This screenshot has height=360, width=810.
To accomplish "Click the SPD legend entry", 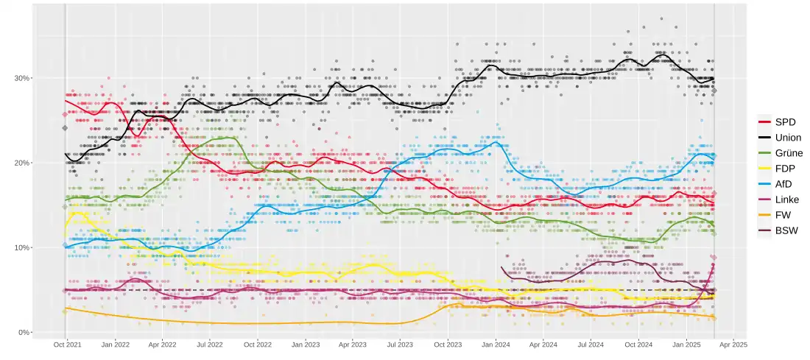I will (783, 122).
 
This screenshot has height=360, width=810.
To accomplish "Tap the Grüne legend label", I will (788, 153).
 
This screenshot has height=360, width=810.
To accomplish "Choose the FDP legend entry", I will (783, 169).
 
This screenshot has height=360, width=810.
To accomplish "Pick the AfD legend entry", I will (783, 184).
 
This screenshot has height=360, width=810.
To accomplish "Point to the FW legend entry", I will (781, 215).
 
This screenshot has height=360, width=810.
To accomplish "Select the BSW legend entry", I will (784, 230).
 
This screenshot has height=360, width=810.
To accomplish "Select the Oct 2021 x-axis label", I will (68, 344).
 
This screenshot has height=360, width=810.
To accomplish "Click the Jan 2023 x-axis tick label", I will (306, 344).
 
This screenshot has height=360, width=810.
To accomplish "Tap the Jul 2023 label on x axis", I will (400, 344).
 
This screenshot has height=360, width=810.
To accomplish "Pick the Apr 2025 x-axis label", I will (733, 344).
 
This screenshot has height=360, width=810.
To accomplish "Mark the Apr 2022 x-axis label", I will (163, 344).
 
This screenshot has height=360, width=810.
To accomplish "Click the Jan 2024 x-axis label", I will (496, 344).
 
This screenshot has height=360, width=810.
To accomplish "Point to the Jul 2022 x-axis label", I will (210, 344).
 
